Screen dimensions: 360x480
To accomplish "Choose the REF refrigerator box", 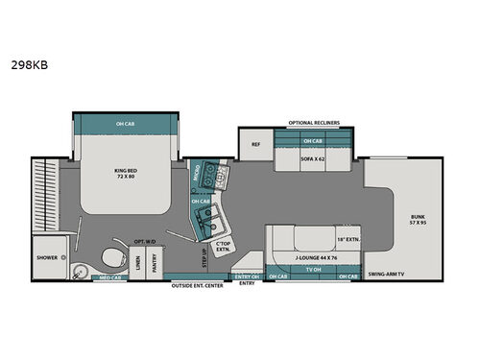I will (255, 145).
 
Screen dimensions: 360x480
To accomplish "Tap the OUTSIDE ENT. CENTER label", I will (197, 285).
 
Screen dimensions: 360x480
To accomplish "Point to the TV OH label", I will (312, 269).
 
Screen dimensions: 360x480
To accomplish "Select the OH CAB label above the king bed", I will (126, 123).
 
